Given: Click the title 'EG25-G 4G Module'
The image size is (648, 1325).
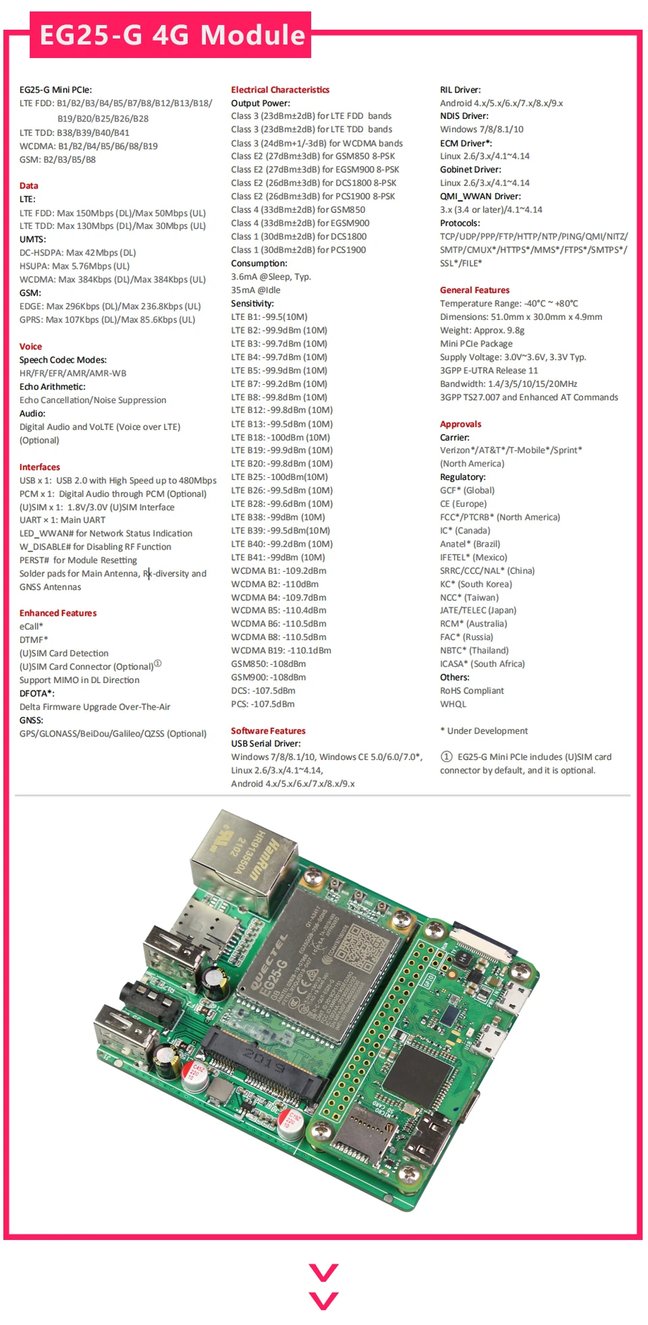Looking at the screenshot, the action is (172, 35).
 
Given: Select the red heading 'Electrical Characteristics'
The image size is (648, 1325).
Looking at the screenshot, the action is (280, 90).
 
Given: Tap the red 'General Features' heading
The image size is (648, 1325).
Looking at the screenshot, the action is (475, 290).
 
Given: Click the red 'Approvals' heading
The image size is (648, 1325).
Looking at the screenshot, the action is (460, 425).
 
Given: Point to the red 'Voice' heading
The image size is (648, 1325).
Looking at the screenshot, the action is (30, 347).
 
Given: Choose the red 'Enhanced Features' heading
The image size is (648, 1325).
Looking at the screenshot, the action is (58, 614).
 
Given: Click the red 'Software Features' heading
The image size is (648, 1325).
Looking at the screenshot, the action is (268, 731).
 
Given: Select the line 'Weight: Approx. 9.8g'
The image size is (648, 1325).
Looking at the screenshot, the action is (482, 331).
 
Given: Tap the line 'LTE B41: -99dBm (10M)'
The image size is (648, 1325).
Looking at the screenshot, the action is (278, 558).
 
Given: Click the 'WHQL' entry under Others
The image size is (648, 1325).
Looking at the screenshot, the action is (453, 705).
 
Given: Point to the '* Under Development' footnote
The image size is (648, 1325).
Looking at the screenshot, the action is (484, 731).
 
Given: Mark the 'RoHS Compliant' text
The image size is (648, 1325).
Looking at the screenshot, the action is (472, 691).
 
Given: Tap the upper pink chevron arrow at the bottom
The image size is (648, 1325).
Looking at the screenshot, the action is (323, 1272).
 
